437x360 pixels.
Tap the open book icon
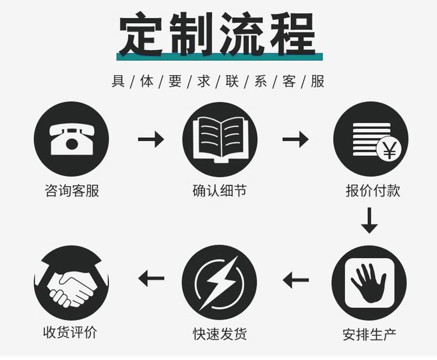[x=220, y=139]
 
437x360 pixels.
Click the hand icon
[x=368, y=283]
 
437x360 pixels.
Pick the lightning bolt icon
[x=220, y=283]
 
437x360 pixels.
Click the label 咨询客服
[x=71, y=191]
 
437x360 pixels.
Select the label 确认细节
[x=219, y=191]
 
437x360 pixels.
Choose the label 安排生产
[x=369, y=335]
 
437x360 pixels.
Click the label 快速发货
[x=220, y=334]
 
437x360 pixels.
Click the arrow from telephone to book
[x=150, y=139]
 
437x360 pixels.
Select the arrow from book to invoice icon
[x=295, y=139]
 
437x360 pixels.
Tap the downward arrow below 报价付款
[x=369, y=220]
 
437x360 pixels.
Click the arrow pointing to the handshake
[x=151, y=278]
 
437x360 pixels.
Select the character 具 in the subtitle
[x=118, y=82]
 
